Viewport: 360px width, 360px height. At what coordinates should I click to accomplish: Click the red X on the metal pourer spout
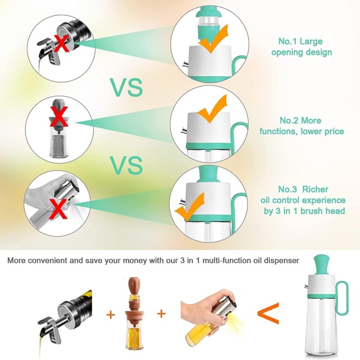[x=62, y=43]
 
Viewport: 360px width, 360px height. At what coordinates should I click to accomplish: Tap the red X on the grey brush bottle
[x=59, y=117]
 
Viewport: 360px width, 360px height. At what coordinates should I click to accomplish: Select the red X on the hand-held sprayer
[x=59, y=209]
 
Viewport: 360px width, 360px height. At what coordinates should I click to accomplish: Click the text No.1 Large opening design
[x=301, y=47]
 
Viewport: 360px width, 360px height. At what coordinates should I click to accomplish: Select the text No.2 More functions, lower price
[x=301, y=126]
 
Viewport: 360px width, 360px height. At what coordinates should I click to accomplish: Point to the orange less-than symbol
[x=268, y=313]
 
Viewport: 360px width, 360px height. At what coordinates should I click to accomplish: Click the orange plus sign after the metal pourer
[x=111, y=315]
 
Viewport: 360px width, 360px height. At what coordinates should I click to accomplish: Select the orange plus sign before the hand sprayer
[x=162, y=313]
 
